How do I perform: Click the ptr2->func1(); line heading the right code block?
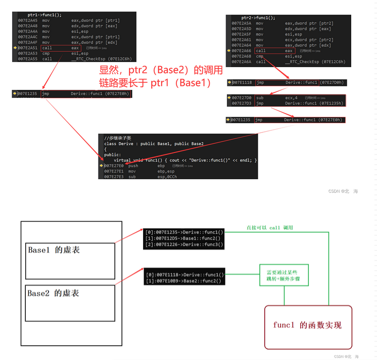258,18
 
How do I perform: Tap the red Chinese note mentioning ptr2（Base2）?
160,76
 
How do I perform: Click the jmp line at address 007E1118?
287,82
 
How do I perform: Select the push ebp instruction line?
134,166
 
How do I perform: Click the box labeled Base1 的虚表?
70,258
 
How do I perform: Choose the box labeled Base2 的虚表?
70,301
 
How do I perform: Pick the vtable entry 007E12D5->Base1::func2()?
183,238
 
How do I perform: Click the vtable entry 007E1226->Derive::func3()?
183,244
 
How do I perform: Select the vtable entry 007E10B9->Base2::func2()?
183,281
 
